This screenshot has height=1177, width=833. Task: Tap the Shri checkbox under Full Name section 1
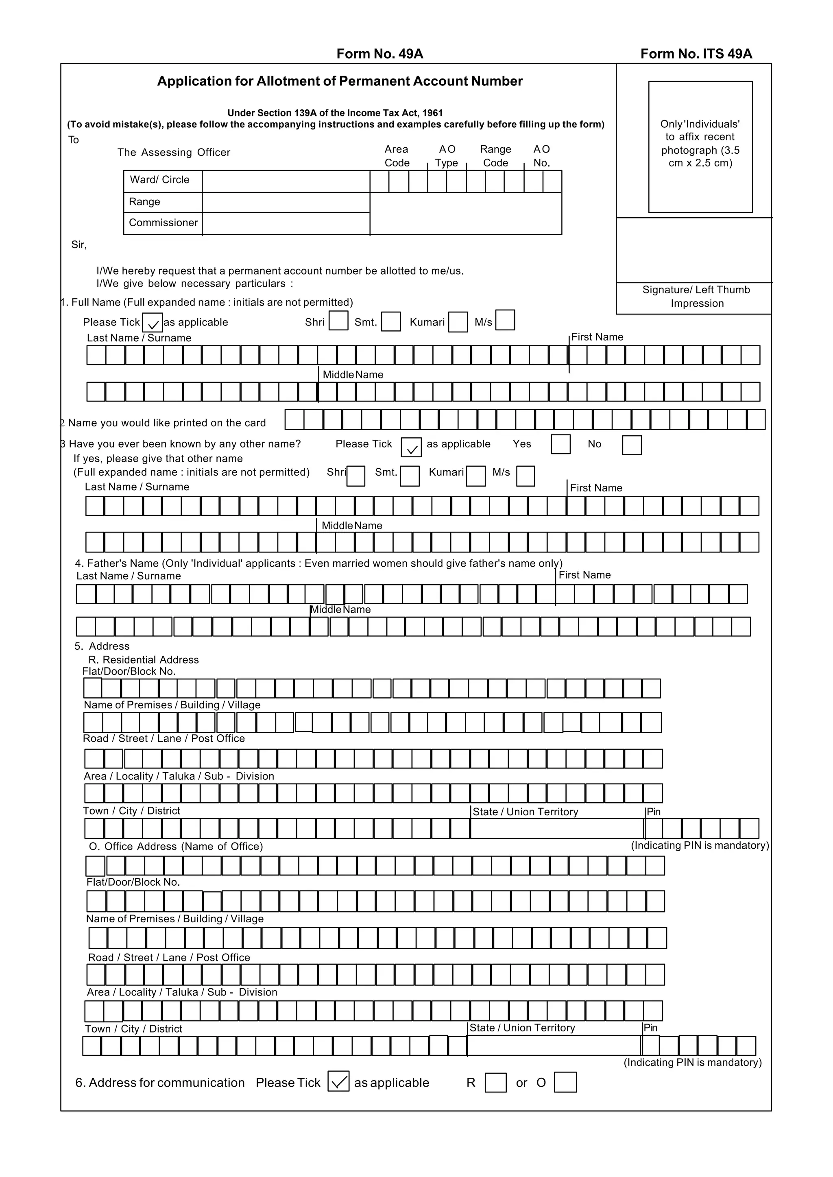click(x=338, y=321)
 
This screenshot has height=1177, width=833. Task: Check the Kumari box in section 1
click(x=458, y=322)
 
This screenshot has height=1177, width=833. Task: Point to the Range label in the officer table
click(x=145, y=202)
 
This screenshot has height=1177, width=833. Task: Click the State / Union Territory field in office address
click(x=554, y=1046)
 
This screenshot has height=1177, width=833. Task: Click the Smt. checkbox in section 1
click(x=391, y=322)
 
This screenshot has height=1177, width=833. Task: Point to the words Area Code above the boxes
click(x=397, y=156)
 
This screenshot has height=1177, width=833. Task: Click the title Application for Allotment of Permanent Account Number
click(x=340, y=81)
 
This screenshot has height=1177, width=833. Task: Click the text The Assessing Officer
click(x=174, y=153)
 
